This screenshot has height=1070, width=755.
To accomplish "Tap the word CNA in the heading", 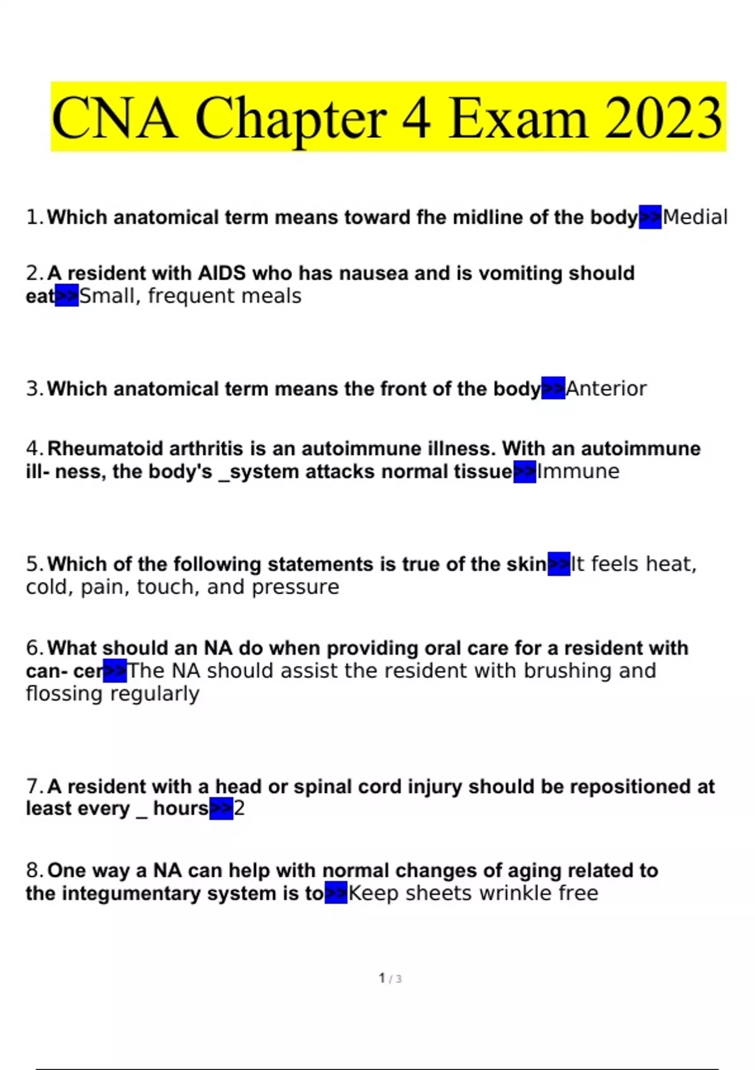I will tap(114, 118).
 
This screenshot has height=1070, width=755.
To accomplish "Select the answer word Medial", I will tap(695, 217).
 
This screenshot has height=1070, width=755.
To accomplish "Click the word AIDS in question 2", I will tap(221, 273).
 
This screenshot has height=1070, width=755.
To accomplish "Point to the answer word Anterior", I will tap(606, 389).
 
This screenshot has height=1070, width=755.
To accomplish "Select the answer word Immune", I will tap(578, 471).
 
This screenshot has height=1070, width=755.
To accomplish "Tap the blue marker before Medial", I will tap(650, 217).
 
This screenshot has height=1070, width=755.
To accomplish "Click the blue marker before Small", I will tap(67, 296).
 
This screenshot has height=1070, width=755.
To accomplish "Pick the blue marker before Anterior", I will tap(553, 389).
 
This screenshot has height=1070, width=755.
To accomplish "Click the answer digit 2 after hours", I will tap(239, 808).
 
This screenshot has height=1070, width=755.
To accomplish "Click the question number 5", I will tap(33, 564).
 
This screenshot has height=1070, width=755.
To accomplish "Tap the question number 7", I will tap(33, 786).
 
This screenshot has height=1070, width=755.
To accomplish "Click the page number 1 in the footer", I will tap(382, 978).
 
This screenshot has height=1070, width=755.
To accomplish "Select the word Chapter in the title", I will tap(290, 118).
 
